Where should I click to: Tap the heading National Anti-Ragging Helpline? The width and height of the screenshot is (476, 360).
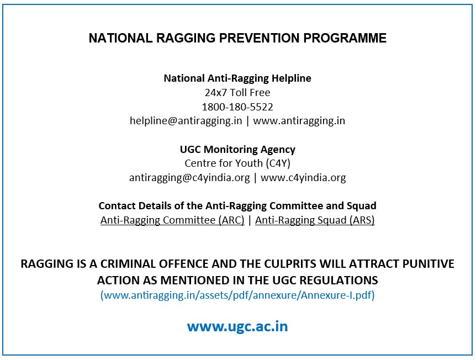click(237, 78)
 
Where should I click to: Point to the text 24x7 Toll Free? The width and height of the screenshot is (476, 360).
click(237, 92)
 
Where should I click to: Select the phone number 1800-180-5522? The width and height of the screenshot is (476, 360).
click(237, 107)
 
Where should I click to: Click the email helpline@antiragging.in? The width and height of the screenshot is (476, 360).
click(186, 121)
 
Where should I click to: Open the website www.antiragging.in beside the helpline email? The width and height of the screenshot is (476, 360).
click(299, 121)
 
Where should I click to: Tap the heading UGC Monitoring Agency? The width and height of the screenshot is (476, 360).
click(237, 149)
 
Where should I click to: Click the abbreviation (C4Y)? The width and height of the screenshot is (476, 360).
click(278, 163)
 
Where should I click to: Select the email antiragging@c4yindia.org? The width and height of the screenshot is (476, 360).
click(189, 178)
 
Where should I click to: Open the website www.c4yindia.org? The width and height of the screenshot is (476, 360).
click(303, 178)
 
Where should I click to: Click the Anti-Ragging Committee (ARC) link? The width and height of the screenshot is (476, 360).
click(172, 220)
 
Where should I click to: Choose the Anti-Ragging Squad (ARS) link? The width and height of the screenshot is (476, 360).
click(315, 220)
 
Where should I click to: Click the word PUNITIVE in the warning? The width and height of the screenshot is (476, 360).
click(429, 264)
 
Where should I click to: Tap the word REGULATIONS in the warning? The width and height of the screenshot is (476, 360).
click(339, 280)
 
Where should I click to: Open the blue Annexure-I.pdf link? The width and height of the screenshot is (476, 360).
click(237, 295)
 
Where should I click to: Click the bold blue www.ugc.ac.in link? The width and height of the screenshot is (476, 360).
click(237, 327)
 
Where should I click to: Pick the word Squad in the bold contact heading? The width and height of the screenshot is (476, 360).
click(362, 206)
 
